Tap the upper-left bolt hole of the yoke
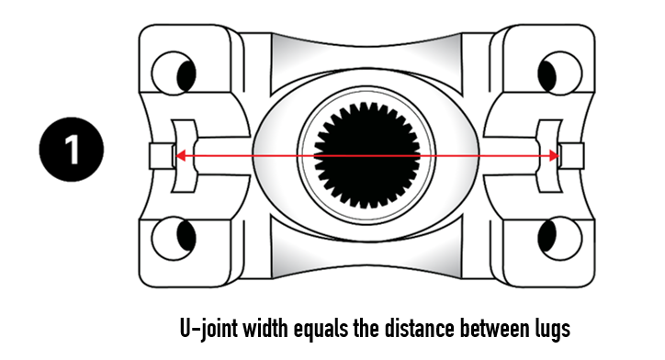point(175,73)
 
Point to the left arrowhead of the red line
point(181,156)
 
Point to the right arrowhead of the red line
point(552,156)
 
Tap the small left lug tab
point(162,156)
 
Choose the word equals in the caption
point(325,328)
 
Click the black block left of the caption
point(42,328)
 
